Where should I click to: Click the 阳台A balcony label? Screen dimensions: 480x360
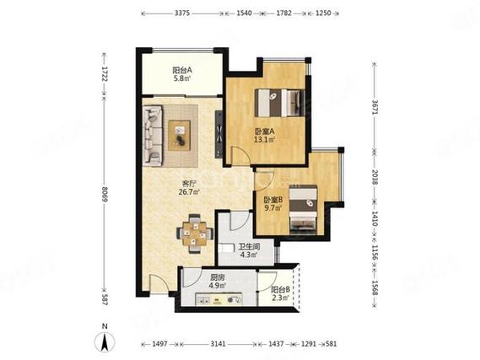coord(182,70)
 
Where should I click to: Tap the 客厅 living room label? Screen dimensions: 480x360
coord(189,184)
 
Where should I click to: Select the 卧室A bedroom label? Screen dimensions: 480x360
coord(265,132)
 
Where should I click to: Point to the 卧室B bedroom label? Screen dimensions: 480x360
coord(273,200)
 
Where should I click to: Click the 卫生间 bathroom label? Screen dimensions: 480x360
coord(249,246)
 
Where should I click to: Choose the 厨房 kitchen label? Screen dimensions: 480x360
coord(218,278)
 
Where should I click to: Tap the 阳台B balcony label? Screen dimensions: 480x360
coord(280,289)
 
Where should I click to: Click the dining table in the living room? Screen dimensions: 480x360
coord(195,234)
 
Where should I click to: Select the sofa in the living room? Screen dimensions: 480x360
coord(153,136)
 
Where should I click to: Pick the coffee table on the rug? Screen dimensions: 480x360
coord(180,135)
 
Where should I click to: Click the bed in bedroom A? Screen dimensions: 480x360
coord(279,103)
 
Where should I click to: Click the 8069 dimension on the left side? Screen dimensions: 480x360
coord(105,194)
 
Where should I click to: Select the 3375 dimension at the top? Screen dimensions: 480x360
coord(183,13)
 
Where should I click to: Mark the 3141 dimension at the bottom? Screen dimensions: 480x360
coord(218,344)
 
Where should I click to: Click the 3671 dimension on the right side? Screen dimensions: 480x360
coord(375,107)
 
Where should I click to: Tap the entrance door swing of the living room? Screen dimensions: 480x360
coord(158,283)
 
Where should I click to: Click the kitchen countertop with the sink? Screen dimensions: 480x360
coord(219,299)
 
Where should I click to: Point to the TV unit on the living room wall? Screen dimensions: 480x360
coord(218,134)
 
